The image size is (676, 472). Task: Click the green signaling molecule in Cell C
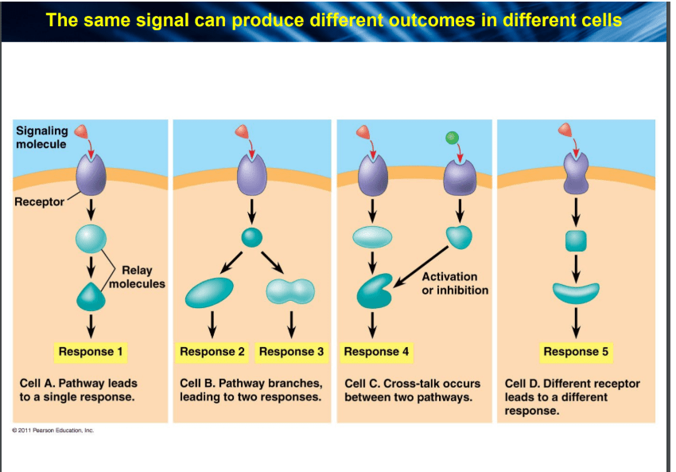pyautogui.click(x=452, y=138)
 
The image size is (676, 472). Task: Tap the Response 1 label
pyautogui.click(x=91, y=352)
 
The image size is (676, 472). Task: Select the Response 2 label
pyautogui.click(x=212, y=352)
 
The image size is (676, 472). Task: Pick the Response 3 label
pyautogui.click(x=291, y=352)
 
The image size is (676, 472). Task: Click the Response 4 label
pyautogui.click(x=376, y=352)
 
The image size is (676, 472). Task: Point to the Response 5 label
pyautogui.click(x=576, y=352)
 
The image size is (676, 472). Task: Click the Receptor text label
pyautogui.click(x=39, y=201)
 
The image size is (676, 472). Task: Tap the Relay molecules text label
pyautogui.click(x=137, y=277)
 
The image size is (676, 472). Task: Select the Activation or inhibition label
pyautogui.click(x=455, y=283)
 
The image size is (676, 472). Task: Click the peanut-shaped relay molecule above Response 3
pyautogui.click(x=290, y=291)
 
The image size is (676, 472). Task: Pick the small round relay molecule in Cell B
pyautogui.click(x=252, y=237)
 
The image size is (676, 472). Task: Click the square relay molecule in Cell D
pyautogui.click(x=576, y=240)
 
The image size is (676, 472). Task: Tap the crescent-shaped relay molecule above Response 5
pyautogui.click(x=576, y=294)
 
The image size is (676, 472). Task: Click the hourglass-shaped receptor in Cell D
pyautogui.click(x=576, y=174)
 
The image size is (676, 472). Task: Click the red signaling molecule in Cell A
pyautogui.click(x=81, y=131)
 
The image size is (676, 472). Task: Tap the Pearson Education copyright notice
pyautogui.click(x=53, y=430)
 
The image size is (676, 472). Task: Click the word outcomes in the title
pyautogui.click(x=443, y=20)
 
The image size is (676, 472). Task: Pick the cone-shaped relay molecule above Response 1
pyautogui.click(x=91, y=297)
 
